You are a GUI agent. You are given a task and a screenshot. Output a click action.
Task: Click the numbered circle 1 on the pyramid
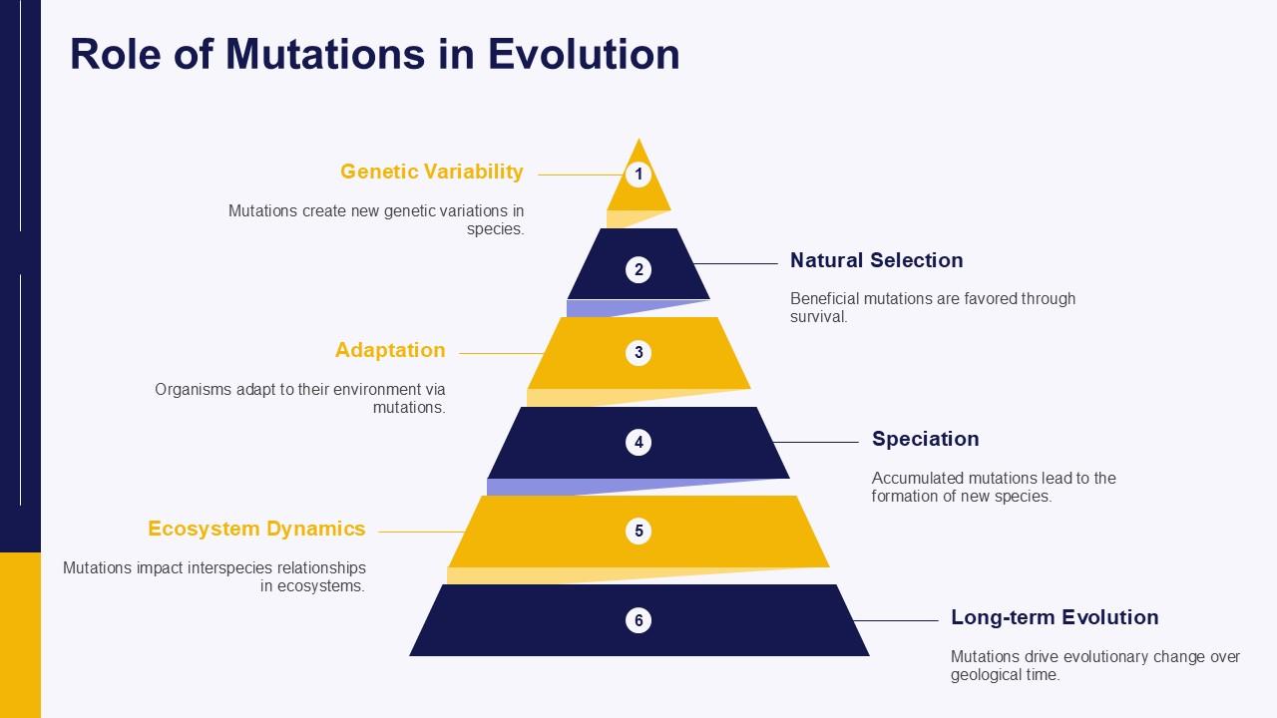[638, 176]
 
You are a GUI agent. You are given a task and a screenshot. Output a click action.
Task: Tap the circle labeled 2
[638, 269]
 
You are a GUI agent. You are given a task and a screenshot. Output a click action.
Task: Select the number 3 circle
[638, 353]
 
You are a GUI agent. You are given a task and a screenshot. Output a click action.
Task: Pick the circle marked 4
[638, 442]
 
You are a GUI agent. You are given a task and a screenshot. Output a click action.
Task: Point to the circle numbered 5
[638, 532]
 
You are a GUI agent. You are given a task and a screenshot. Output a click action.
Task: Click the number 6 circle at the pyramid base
[638, 620]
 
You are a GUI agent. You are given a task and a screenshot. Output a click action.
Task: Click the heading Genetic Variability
[431, 172]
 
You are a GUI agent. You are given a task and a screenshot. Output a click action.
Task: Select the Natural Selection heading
[876, 260]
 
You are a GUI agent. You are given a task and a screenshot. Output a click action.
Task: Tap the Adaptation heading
[390, 350]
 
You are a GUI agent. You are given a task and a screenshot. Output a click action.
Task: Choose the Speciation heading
[925, 439]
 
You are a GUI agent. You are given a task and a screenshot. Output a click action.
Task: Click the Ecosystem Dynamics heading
[256, 529]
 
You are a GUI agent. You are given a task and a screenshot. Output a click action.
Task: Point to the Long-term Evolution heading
[1055, 617]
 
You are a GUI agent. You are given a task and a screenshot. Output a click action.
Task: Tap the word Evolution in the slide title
[584, 54]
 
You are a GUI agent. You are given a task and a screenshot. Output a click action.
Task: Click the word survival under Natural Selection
[818, 317]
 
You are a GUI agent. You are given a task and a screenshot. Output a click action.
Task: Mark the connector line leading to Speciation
[814, 442]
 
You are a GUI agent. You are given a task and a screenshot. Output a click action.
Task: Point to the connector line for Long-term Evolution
[896, 620]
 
